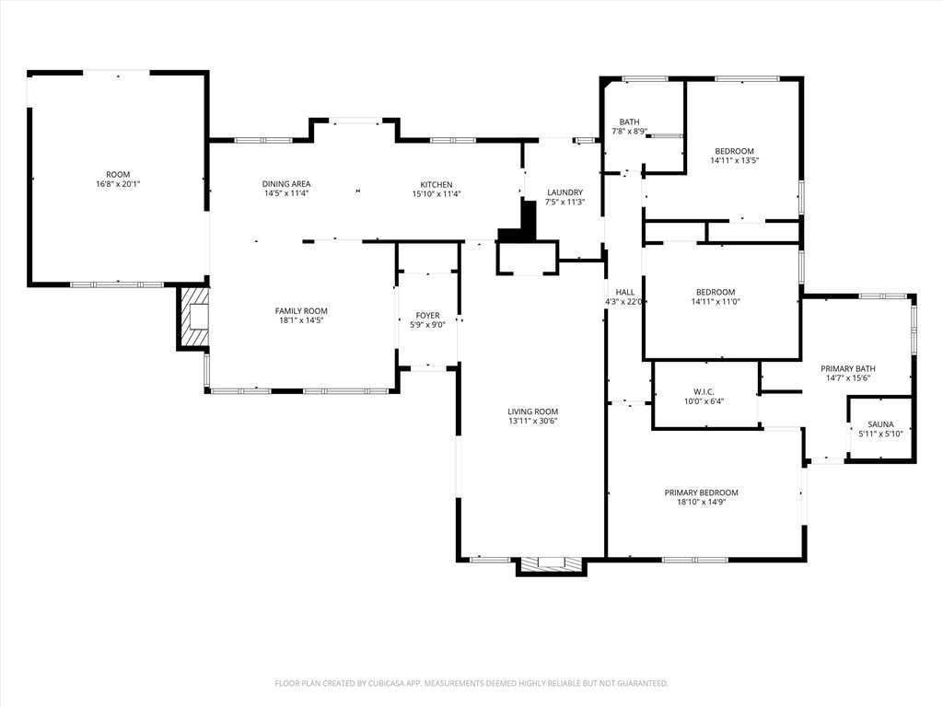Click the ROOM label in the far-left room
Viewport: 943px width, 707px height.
tap(118, 175)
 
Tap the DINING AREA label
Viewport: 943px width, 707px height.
tap(286, 184)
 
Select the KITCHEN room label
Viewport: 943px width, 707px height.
tap(437, 184)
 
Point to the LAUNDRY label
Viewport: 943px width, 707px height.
tap(565, 192)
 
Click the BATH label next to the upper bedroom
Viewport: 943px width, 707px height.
tap(630, 122)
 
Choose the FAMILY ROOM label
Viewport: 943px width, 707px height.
tap(301, 311)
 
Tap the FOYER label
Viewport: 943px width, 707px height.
tap(427, 316)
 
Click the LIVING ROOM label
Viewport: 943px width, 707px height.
tap(533, 411)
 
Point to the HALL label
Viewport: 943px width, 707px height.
tap(625, 292)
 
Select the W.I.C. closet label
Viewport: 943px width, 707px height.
tap(704, 392)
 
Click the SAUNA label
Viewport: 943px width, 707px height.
tap(881, 424)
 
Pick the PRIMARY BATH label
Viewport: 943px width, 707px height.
tap(848, 368)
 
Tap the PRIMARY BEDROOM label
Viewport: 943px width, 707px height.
tap(701, 493)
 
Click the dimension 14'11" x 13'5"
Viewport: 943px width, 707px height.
tap(734, 160)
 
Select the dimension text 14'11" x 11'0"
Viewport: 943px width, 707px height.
tap(716, 302)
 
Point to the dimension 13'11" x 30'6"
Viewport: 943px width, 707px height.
tap(533, 421)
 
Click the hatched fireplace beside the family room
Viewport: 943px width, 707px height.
tap(193, 318)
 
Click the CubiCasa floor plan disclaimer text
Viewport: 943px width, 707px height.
tap(471, 684)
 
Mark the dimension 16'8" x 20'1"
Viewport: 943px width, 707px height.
tap(118, 184)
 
